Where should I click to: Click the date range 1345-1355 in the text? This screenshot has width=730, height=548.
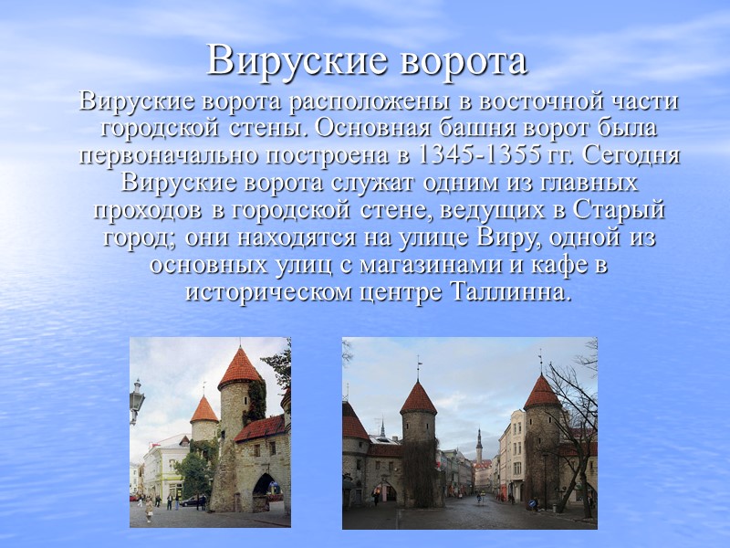click(x=464, y=152)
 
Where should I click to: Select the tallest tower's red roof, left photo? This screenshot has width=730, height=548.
click(x=240, y=367)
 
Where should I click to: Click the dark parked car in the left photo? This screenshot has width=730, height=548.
click(x=193, y=501)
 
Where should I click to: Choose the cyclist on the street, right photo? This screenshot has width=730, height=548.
click(x=479, y=498)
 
